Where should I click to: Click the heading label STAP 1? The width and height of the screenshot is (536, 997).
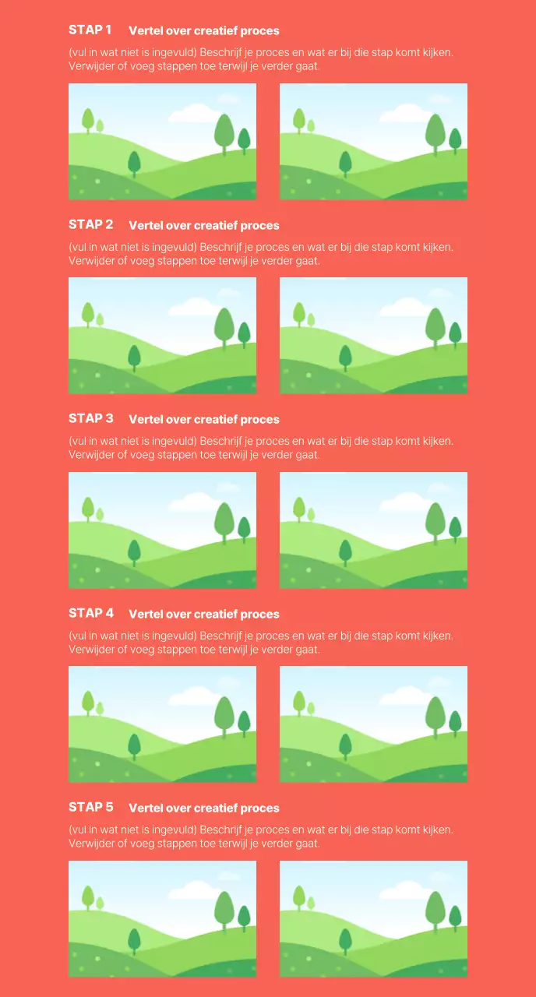point(90,30)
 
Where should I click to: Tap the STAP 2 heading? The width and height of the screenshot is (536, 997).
point(91,224)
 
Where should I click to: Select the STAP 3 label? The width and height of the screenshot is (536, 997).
point(91,418)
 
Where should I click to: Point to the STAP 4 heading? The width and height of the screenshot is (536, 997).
point(91,613)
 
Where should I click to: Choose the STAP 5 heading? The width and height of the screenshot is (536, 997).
point(91,807)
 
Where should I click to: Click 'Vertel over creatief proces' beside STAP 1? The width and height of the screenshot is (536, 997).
point(204,30)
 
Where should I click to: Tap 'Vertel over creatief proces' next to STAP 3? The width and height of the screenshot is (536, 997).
point(204,419)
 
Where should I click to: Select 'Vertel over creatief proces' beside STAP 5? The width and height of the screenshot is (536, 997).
point(204,808)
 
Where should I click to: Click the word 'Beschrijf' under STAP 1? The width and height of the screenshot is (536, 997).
point(220,52)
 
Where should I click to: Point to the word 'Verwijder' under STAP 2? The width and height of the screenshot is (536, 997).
point(92,260)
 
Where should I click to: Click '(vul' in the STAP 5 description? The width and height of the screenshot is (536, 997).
point(77,830)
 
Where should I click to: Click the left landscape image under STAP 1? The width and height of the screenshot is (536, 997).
point(163,142)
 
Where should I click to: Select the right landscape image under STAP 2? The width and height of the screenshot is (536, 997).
point(373,336)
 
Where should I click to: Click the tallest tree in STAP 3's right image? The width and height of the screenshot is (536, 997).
point(436,523)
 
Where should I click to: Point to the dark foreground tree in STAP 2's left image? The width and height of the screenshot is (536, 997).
point(134,358)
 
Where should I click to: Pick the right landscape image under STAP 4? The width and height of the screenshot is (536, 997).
point(373,724)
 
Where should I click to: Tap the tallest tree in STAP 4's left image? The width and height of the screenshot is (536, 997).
point(224,717)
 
